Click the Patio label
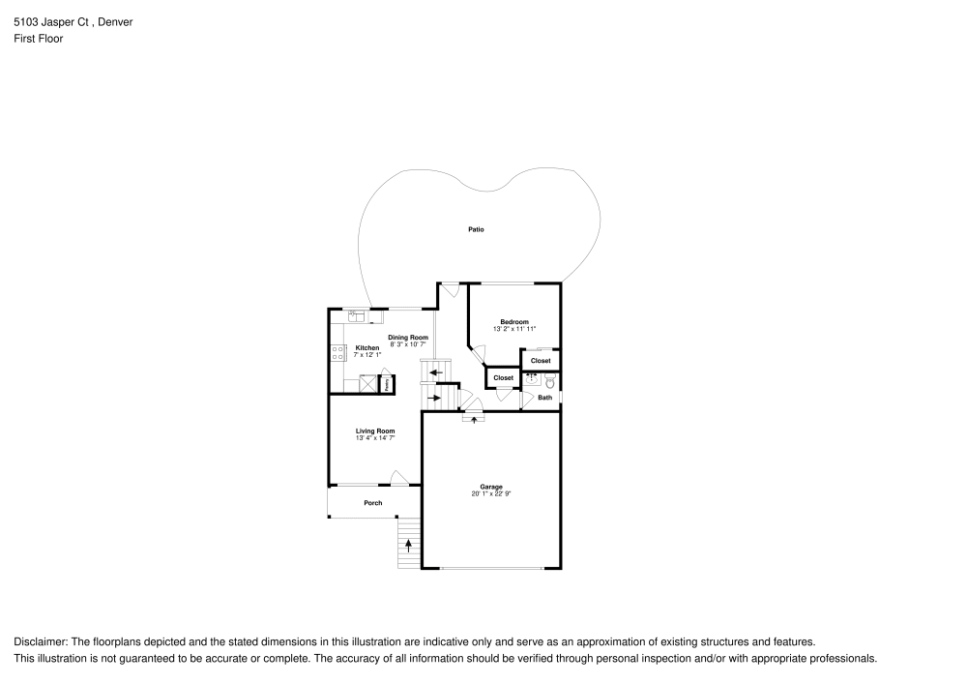pyautogui.click(x=476, y=229)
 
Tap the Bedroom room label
pyautogui.click(x=514, y=321)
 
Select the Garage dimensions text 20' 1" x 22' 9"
pyautogui.click(x=491, y=494)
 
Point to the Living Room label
pyautogui.click(x=375, y=431)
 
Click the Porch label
pyautogui.click(x=373, y=503)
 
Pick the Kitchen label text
pyautogui.click(x=367, y=347)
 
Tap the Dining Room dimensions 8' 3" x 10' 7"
pyautogui.click(x=408, y=344)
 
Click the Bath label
pyautogui.click(x=545, y=398)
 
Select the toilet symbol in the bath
pyautogui.click(x=549, y=381)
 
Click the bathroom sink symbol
pyautogui.click(x=532, y=378)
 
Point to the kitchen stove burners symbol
pyautogui.click(x=338, y=353)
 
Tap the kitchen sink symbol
pyautogui.click(x=356, y=314)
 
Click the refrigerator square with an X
pyautogui.click(x=367, y=384)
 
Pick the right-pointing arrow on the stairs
pyautogui.click(x=435, y=398)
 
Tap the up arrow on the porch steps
pyautogui.click(x=408, y=546)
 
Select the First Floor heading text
pyautogui.click(x=39, y=39)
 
